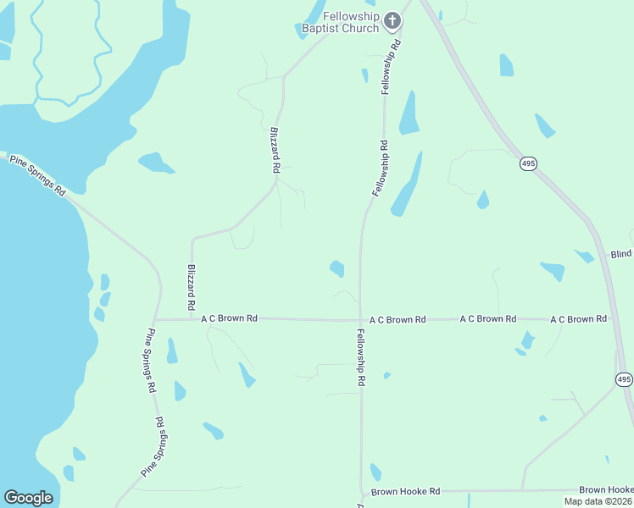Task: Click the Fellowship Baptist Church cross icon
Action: click(x=392, y=19)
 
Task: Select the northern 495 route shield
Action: click(x=528, y=163)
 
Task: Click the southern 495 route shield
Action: click(x=624, y=379)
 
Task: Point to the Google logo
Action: click(x=28, y=498)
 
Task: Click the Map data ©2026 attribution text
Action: click(x=597, y=501)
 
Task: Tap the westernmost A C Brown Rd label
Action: click(x=229, y=318)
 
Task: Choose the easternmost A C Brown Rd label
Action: click(x=578, y=319)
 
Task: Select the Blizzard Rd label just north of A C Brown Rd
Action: click(x=192, y=286)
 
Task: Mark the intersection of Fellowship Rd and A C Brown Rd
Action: click(x=360, y=320)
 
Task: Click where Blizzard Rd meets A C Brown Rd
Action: click(x=192, y=319)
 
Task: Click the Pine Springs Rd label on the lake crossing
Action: click(x=37, y=174)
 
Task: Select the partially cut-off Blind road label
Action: click(x=621, y=254)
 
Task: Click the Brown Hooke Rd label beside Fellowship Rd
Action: click(x=405, y=491)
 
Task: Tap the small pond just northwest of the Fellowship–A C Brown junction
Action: click(x=337, y=268)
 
